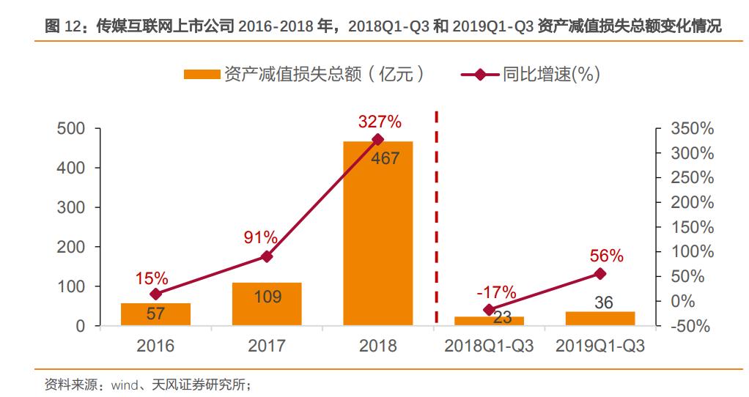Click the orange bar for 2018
coord(377,234)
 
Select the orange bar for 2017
coord(267,304)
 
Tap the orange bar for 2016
coord(155,314)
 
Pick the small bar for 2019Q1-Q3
coord(599,319)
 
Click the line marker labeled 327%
coord(377,139)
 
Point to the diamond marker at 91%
coord(267,256)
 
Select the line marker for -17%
coord(489,310)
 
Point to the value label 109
coord(267,297)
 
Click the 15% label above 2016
coord(152,278)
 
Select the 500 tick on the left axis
coord(71,129)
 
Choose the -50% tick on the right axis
coord(690,327)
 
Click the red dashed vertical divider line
coord(437,220)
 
